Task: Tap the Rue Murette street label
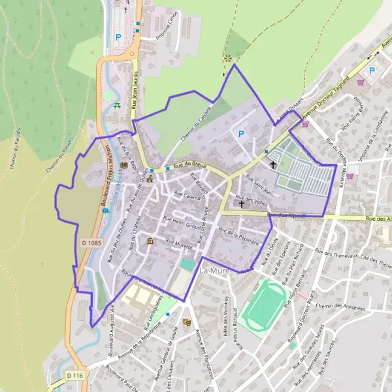point(179,244)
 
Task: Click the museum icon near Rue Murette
point(151,242)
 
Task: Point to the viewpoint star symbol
point(228,59)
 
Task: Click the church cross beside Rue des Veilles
point(242,204)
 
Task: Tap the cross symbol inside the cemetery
point(273,165)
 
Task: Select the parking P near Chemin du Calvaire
point(241,134)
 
